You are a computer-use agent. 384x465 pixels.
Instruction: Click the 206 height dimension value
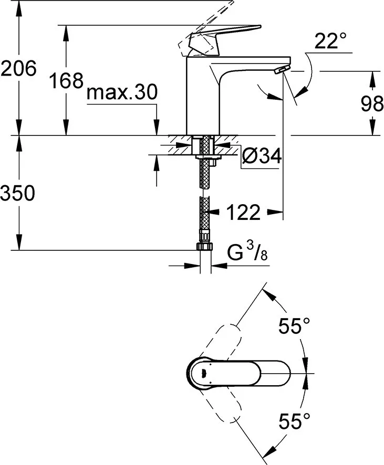pos(19,68)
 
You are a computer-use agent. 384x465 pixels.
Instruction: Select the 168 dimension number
pos(66,81)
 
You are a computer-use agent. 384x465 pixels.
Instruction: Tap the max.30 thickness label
pos(122,93)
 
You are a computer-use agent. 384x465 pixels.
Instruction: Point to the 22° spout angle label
pos(330,41)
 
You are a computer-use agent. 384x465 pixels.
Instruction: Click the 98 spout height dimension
pos(372,104)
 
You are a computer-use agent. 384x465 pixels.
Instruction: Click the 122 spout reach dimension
pos(243,213)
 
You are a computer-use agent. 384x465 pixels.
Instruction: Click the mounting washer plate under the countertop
pos(205,156)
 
